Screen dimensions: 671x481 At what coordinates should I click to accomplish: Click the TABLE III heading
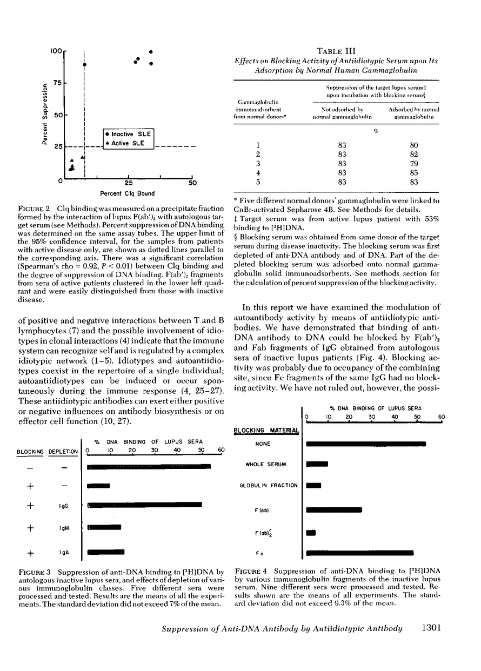click(336, 51)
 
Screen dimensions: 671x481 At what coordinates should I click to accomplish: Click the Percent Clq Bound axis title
click(128, 193)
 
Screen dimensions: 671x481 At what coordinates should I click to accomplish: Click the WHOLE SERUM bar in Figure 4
click(317, 464)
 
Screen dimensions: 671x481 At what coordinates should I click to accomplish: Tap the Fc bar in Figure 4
click(359, 553)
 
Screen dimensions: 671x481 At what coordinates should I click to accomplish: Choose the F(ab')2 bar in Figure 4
click(311, 533)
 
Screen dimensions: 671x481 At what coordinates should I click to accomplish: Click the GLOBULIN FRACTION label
click(269, 485)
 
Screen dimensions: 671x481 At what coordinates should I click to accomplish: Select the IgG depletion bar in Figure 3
click(144, 505)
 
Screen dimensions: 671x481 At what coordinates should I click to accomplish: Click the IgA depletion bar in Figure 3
click(106, 552)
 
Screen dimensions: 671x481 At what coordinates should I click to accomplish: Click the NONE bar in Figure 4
click(366, 444)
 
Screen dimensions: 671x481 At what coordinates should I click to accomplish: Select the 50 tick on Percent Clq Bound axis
click(192, 183)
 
